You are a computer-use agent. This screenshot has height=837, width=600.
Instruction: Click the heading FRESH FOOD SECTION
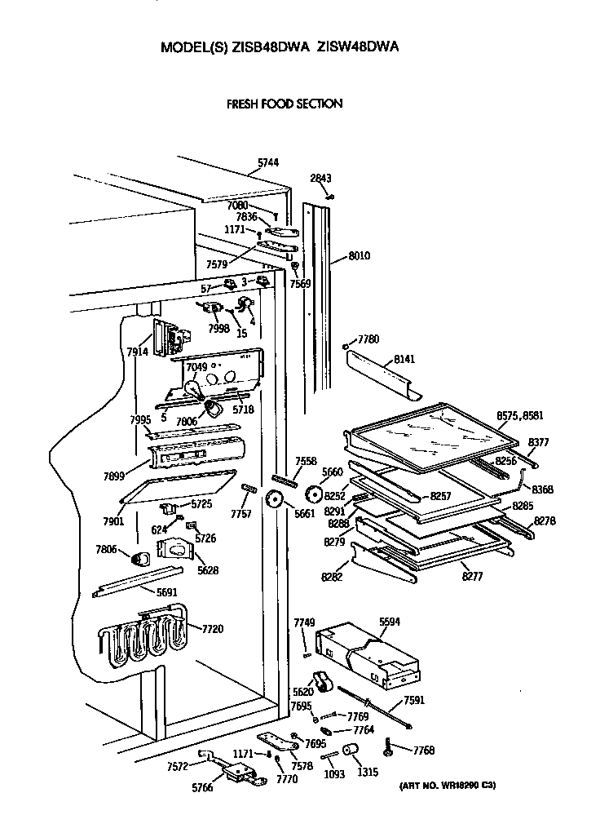pyautogui.click(x=283, y=104)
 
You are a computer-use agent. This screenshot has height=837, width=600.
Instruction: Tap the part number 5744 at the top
pyautogui.click(x=268, y=163)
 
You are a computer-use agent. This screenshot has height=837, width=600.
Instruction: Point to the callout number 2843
pyautogui.click(x=320, y=178)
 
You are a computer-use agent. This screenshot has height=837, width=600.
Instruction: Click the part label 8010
pyautogui.click(x=360, y=255)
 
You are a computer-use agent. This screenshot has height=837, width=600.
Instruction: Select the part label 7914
pyautogui.click(x=138, y=352)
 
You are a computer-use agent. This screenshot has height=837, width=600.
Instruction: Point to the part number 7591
pyautogui.click(x=413, y=700)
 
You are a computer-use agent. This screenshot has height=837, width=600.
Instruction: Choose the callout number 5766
pyautogui.click(x=203, y=788)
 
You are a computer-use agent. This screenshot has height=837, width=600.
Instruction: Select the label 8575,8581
pyautogui.click(x=520, y=415)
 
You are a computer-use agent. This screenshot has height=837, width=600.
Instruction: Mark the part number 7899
pyautogui.click(x=114, y=476)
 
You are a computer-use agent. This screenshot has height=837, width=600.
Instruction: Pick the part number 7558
pyautogui.click(x=306, y=461)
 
